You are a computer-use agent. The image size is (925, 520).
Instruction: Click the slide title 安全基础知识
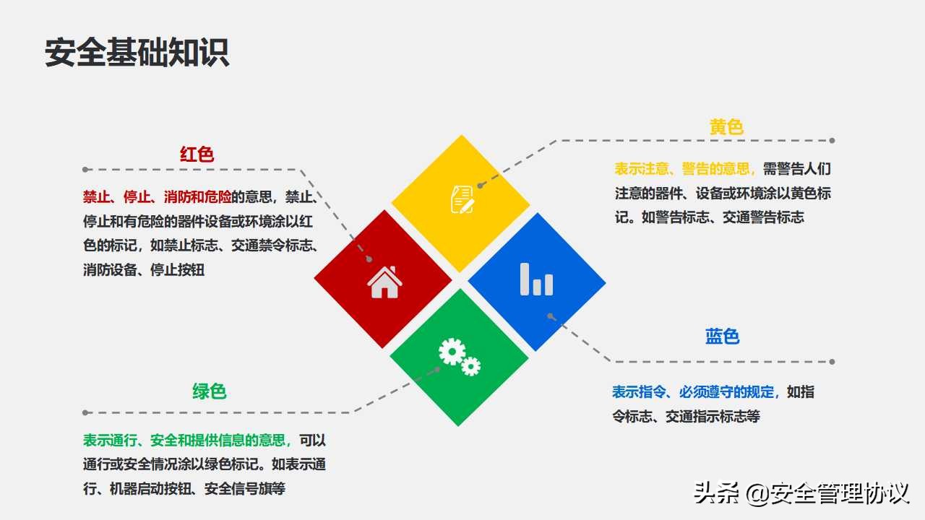[x=137, y=53]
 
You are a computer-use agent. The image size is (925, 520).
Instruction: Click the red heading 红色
[x=197, y=155]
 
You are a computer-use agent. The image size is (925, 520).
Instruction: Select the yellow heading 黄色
[x=726, y=128]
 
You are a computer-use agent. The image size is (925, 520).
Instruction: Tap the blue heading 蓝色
[x=722, y=337]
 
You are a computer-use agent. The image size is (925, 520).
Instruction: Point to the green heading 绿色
[x=210, y=391]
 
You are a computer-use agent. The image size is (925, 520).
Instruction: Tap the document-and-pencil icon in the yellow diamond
[x=462, y=199]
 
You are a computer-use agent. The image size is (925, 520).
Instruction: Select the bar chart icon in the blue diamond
[x=536, y=279]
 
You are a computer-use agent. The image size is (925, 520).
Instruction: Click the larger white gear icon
[x=452, y=352]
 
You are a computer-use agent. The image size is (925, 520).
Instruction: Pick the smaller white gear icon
[x=471, y=367]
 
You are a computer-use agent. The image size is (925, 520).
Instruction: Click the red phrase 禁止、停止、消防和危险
[x=157, y=196]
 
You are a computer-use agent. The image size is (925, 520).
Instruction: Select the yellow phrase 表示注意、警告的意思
[x=682, y=169]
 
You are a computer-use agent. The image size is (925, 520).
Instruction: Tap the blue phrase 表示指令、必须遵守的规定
[x=694, y=392]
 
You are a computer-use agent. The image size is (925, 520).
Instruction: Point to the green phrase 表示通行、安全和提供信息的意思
[x=186, y=440]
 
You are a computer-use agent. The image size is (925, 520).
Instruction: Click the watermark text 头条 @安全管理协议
[x=801, y=494]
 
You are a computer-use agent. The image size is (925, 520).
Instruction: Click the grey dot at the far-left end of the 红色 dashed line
[x=85, y=170]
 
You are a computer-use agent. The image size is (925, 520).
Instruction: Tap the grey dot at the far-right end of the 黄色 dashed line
[x=832, y=141]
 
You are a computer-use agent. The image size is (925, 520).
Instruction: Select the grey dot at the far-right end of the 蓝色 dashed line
[x=832, y=362]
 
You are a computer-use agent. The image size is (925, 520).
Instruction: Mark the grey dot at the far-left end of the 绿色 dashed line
[x=85, y=413]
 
